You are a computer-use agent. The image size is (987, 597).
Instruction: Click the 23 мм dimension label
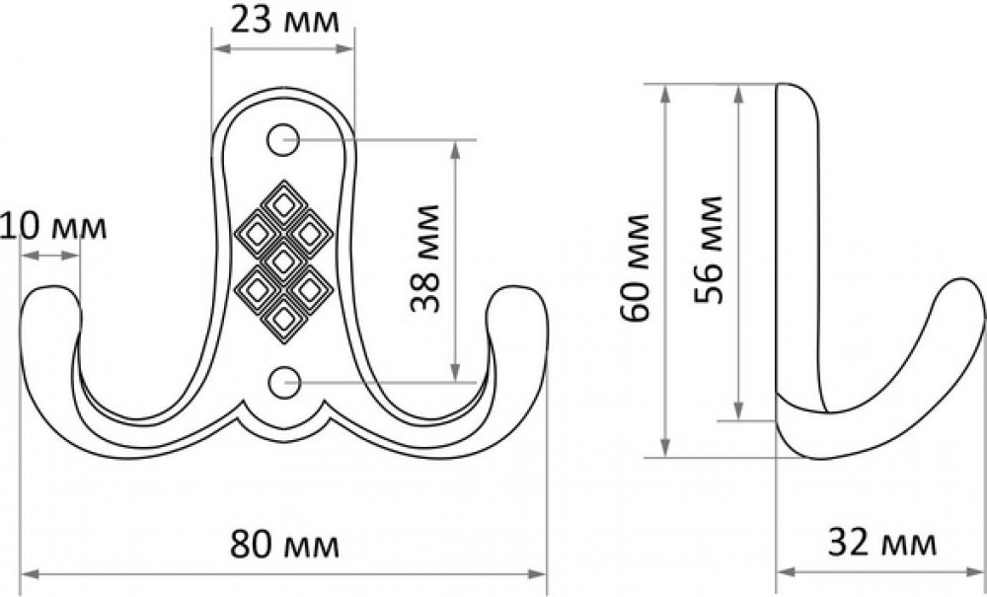click(284, 20)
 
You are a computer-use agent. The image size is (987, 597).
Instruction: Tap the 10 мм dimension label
click(53, 227)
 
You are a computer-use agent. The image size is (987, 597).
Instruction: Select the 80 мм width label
click(284, 544)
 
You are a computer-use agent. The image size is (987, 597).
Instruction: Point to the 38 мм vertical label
click(424, 258)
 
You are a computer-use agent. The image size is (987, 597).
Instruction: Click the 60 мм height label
click(635, 268)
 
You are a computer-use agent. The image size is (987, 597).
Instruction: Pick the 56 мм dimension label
click(709, 250)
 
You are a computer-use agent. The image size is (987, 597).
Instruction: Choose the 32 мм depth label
click(881, 543)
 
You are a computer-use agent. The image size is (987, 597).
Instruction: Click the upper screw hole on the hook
click(282, 140)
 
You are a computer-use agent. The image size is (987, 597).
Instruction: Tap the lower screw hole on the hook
click(284, 383)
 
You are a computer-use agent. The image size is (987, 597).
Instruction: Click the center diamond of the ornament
click(283, 261)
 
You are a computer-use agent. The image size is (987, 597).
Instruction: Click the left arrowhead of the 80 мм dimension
click(29, 573)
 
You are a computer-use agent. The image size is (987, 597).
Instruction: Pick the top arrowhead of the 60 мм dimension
click(665, 93)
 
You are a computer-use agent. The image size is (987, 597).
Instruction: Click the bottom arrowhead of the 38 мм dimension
click(456, 372)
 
